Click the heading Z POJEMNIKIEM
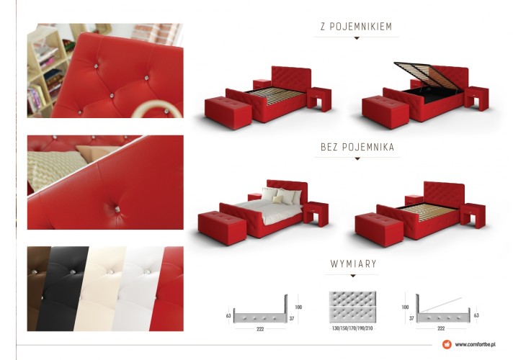point(356,27)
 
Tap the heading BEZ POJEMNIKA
point(357,147)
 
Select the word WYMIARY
point(353,264)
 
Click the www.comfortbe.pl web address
point(476,344)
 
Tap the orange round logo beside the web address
point(447,344)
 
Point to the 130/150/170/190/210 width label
point(352,328)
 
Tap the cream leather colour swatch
point(100,289)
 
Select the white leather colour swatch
point(138,289)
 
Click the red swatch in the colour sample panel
point(169,289)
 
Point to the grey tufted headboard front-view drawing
point(352,307)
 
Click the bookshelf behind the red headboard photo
point(45,71)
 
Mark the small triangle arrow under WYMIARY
point(353,276)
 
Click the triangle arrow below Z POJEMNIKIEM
point(357,38)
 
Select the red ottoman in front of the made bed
point(222,228)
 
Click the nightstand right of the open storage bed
point(476,98)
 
